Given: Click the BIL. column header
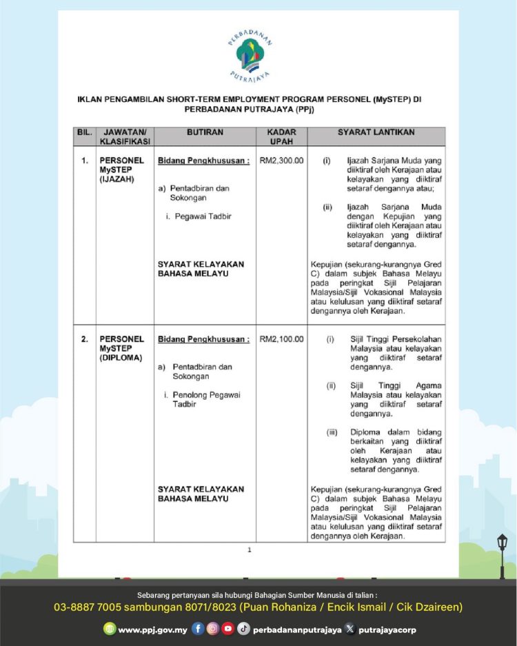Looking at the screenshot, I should (x=84, y=132).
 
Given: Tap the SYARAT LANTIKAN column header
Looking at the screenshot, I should (x=376, y=132).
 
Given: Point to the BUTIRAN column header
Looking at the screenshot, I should (x=204, y=132).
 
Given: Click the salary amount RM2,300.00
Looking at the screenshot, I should (x=281, y=161).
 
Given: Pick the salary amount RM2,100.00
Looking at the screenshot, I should (x=281, y=339).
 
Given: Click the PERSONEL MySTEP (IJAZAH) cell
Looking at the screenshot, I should (x=122, y=170).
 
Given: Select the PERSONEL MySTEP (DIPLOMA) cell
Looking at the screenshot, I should (x=122, y=348).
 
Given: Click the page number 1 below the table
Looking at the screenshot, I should (x=250, y=549).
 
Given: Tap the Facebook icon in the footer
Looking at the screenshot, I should (x=198, y=629).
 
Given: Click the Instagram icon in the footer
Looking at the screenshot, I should (x=213, y=629).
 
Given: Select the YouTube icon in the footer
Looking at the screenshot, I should (x=228, y=629).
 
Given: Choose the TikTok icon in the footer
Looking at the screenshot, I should (x=243, y=629).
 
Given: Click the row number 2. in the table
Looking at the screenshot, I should (x=84, y=339).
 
